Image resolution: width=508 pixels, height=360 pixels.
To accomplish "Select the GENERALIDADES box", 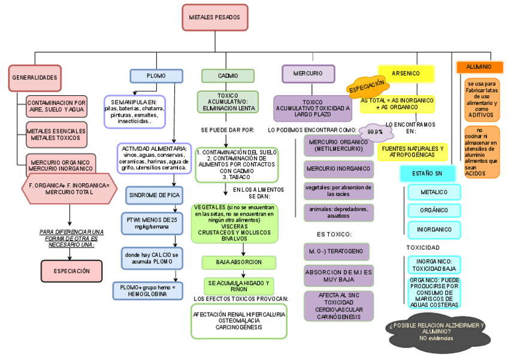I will click(35, 78).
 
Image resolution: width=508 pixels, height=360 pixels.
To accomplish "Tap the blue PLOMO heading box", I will click(156, 76).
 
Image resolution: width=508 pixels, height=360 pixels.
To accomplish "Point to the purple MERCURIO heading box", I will click(308, 73).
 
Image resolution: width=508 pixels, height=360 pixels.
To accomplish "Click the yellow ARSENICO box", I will click(406, 73).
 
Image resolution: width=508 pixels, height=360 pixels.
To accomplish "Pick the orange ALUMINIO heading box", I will click(479, 67).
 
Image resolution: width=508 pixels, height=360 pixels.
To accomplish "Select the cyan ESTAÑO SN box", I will click(427, 173).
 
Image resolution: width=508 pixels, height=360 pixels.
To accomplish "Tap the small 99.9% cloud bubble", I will click(375, 131).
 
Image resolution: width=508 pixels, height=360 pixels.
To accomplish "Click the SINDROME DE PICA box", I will click(153, 195).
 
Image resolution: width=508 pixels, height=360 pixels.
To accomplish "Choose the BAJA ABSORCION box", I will click(238, 262).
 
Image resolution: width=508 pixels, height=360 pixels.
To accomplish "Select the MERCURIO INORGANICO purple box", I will click(339, 169).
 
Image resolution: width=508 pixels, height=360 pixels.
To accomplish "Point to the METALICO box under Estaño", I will click(434, 192).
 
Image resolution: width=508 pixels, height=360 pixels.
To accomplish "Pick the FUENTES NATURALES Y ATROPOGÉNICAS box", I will click(413, 152).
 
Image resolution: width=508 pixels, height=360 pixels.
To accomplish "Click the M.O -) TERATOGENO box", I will click(336, 252).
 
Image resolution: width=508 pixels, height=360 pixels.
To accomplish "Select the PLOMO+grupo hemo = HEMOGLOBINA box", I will click(147, 291).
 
